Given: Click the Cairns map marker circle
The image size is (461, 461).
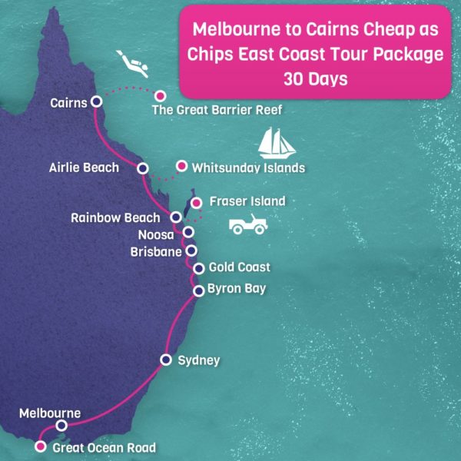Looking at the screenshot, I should (96, 101).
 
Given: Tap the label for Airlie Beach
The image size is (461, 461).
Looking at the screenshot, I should (83, 167).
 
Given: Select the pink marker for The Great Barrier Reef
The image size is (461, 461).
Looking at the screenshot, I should (161, 96).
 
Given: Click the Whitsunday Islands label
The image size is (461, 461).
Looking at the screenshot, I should (248, 167).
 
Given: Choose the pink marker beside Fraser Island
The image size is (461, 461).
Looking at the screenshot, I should (196, 203).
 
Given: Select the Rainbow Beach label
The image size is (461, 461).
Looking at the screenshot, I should (115, 217).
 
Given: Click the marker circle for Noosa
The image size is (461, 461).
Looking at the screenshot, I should (187, 232).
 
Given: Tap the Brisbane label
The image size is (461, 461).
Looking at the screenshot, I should (156, 250).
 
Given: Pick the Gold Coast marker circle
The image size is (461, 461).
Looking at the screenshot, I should (199, 268).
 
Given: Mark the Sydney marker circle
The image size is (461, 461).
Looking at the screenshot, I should (165, 360).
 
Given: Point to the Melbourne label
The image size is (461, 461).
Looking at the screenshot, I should (50, 412).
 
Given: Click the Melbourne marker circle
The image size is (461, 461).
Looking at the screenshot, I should (62, 425).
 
